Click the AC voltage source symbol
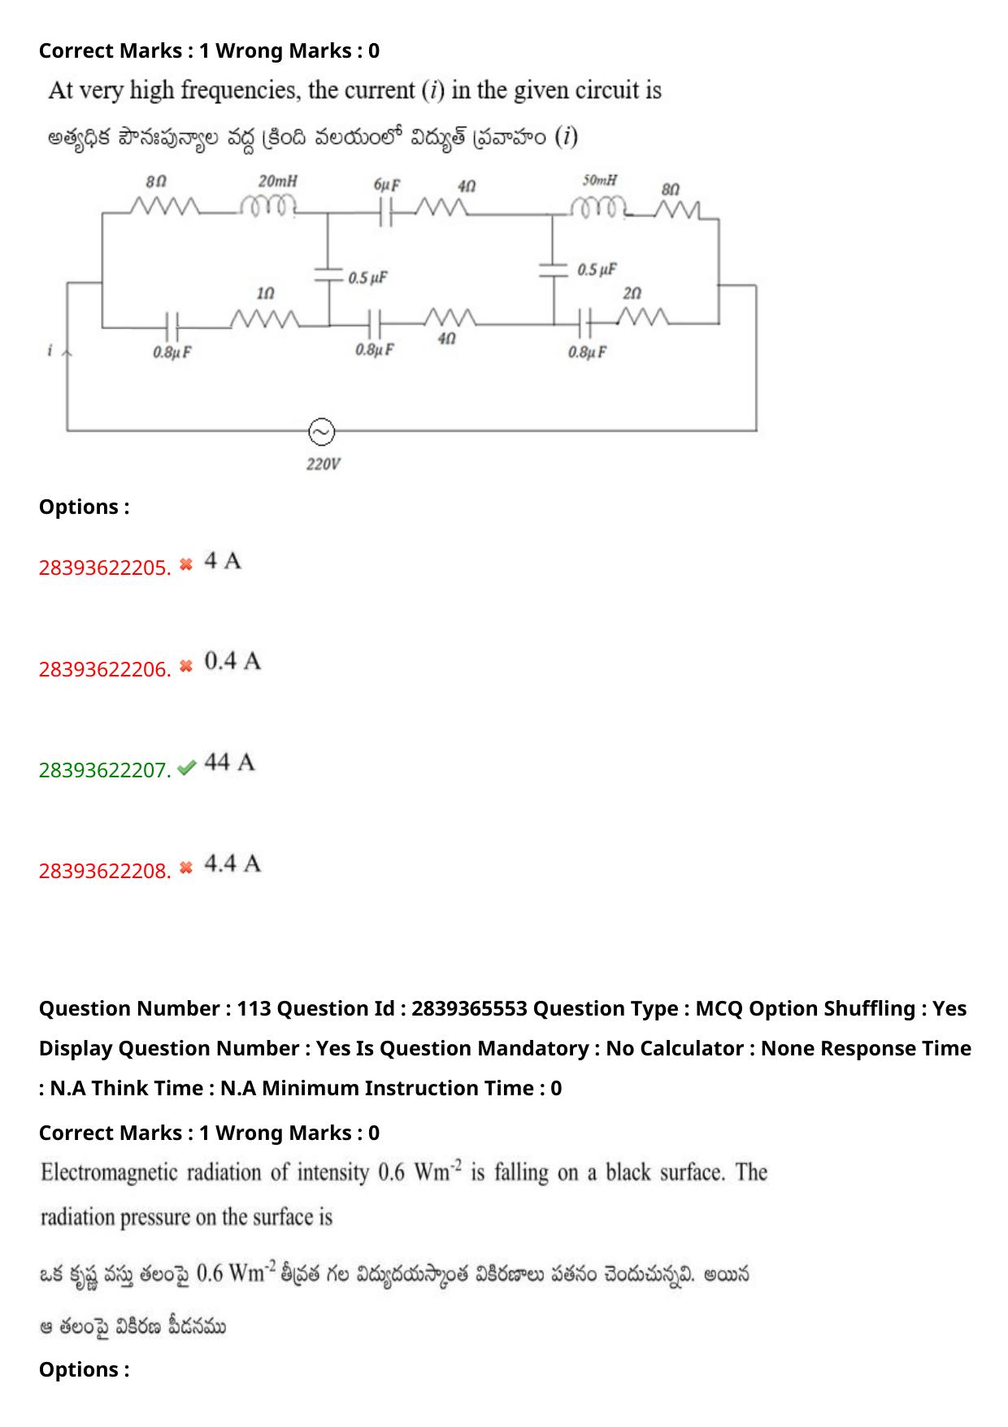[x=321, y=432]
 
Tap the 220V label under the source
[x=323, y=464]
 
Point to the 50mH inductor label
[x=599, y=180]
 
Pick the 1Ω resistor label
[x=265, y=293]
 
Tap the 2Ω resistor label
[x=632, y=294]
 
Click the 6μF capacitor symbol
[x=387, y=213]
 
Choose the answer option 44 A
[x=229, y=763]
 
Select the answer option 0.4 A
[x=232, y=662]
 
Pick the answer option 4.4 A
[x=232, y=864]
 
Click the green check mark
[x=186, y=768]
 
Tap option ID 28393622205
[x=104, y=568]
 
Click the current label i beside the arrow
[x=50, y=350]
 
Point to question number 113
[x=254, y=1008]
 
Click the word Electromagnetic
[x=109, y=1172]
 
